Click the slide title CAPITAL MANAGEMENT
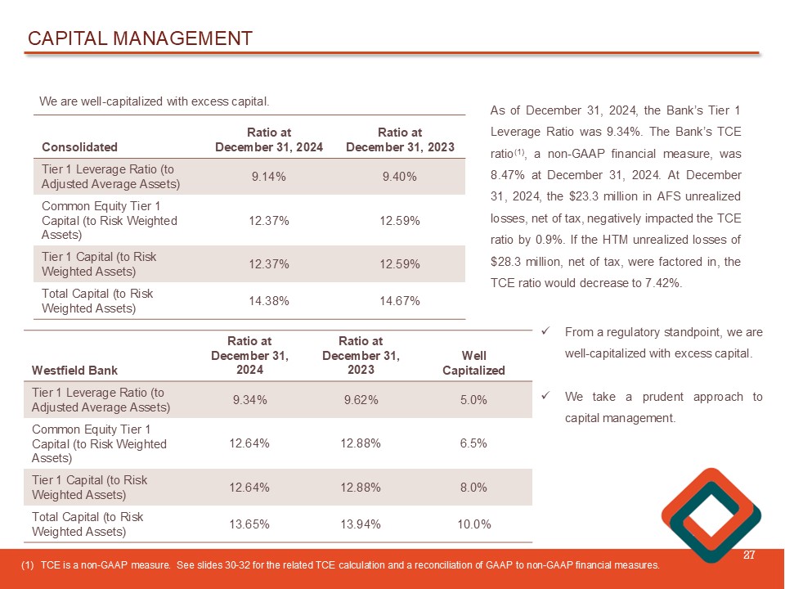(140, 38)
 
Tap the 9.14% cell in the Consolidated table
(268, 176)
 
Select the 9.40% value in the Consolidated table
(400, 176)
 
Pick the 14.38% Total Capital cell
(268, 301)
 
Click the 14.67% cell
(400, 301)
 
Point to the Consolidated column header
(79, 147)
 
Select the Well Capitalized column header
(473, 363)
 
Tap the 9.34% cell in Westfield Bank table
(249, 400)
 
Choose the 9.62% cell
(361, 400)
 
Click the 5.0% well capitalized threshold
(473, 400)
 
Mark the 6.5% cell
(473, 443)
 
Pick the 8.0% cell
(473, 488)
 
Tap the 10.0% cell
(473, 524)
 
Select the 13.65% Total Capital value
(249, 524)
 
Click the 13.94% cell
(361, 524)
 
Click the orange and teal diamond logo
(711, 515)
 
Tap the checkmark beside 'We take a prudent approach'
(545, 397)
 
